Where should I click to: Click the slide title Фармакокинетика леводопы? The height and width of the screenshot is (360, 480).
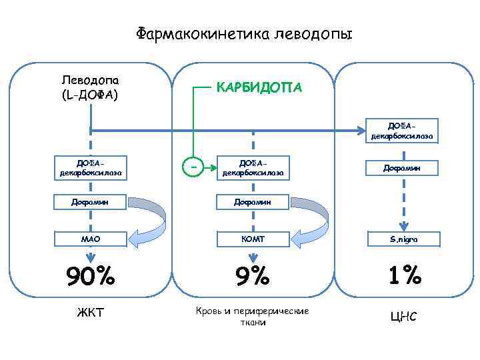click(x=244, y=33)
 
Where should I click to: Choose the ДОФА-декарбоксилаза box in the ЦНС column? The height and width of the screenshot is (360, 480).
click(x=402, y=131)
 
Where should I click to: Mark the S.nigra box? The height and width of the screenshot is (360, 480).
click(x=402, y=238)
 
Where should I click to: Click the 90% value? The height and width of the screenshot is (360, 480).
click(x=90, y=275)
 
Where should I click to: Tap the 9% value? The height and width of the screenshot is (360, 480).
click(x=253, y=275)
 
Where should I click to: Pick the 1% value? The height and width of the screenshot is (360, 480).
click(x=402, y=275)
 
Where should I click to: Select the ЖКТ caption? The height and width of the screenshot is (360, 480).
click(x=90, y=311)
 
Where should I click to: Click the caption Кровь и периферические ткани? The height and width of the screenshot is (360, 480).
click(x=253, y=317)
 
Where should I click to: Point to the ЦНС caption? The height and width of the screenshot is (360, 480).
click(x=402, y=315)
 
